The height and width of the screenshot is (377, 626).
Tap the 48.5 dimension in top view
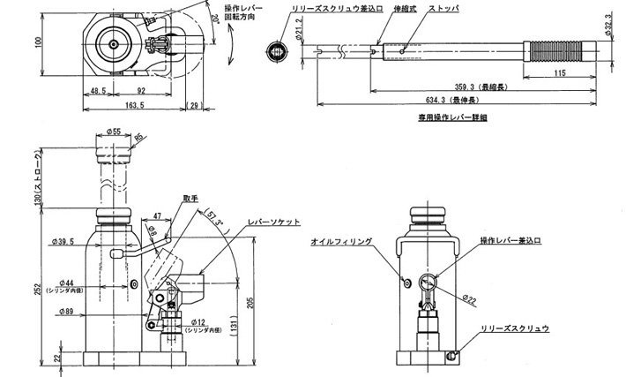pos(98,89)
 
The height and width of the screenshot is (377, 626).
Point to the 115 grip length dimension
pos(562,74)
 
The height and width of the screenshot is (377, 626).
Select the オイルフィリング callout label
pos(343,240)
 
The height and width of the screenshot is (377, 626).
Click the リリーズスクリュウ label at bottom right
pos(515,328)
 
